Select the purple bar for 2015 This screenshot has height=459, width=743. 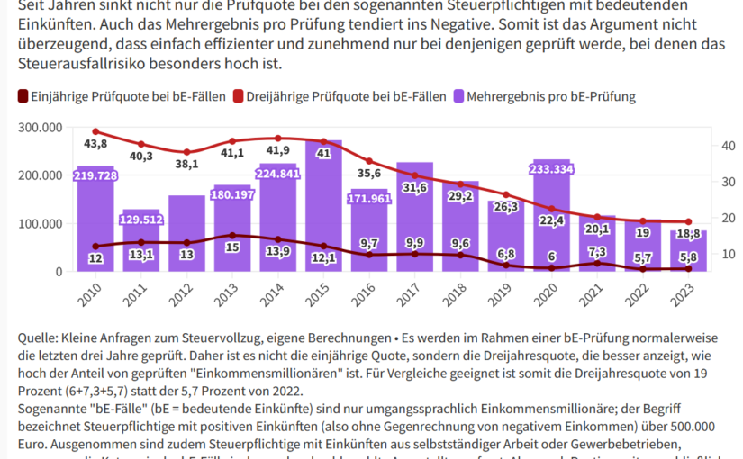(x=323, y=216)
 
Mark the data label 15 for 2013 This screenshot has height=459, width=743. (x=232, y=247)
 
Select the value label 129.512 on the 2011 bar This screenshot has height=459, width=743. (x=140, y=220)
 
